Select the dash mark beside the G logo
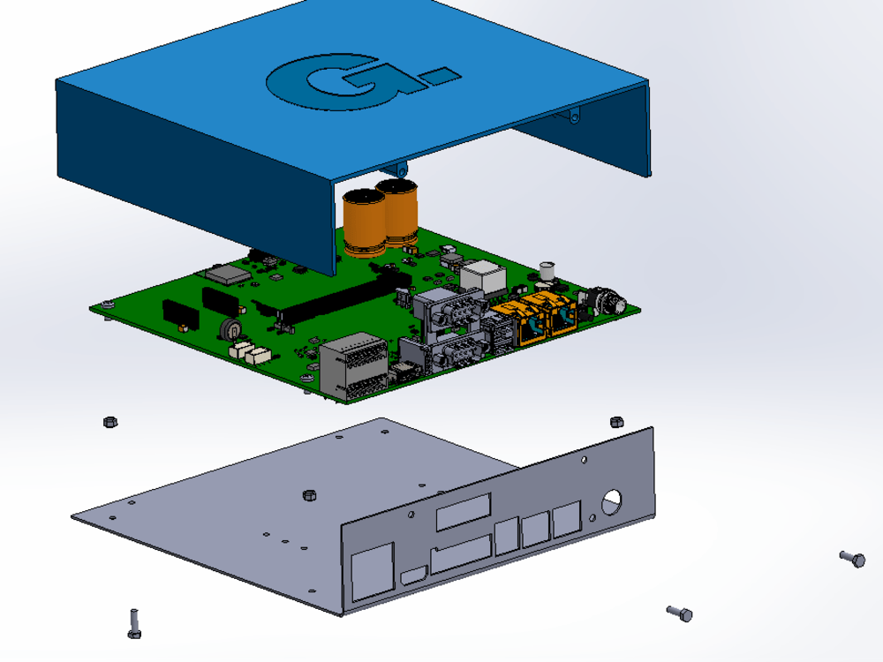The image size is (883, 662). pos(438,77)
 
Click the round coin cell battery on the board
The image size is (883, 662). pos(230,328)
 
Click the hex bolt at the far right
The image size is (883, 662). pos(853,558)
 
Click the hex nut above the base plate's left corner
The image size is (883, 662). pos(110,421)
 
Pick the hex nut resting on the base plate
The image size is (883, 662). pos(309,494)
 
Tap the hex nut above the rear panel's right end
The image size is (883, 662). pos(617,420)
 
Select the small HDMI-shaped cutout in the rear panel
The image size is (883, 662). pos(412,577)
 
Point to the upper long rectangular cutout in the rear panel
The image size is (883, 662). pos(463,512)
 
